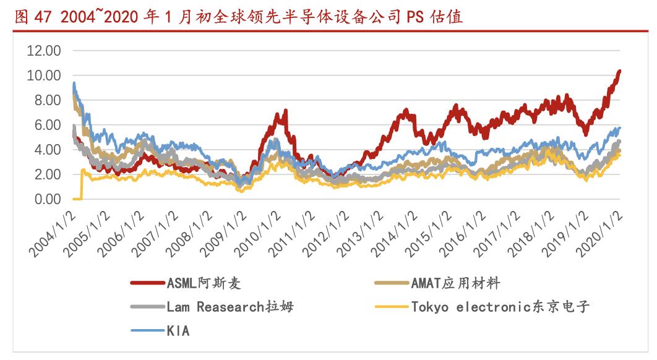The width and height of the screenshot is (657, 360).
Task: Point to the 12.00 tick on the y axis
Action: (x=43, y=51)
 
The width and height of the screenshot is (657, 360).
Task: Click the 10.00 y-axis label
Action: (x=43, y=75)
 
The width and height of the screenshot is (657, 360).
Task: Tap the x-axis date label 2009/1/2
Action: (x=225, y=230)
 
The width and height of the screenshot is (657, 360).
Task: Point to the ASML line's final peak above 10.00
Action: (x=619, y=72)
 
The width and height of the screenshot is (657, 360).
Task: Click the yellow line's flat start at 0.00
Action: (x=77, y=199)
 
